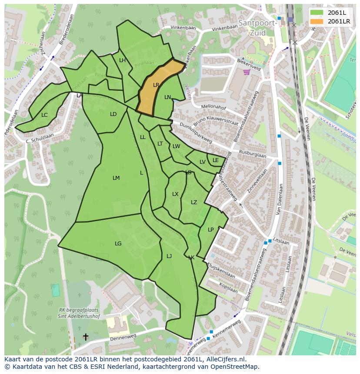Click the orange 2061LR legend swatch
[317, 21]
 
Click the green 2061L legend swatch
[317, 13]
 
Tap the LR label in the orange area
[156, 85]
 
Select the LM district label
[116, 178]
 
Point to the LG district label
[118, 244]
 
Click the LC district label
[44, 115]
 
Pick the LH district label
[122, 60]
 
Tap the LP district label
[210, 230]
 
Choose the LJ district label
[169, 256]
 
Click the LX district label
[175, 194]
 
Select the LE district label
[216, 160]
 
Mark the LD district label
[113, 114]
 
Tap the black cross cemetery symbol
[86, 337]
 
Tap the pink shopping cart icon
[247, 72]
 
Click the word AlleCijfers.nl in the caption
[225, 359]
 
